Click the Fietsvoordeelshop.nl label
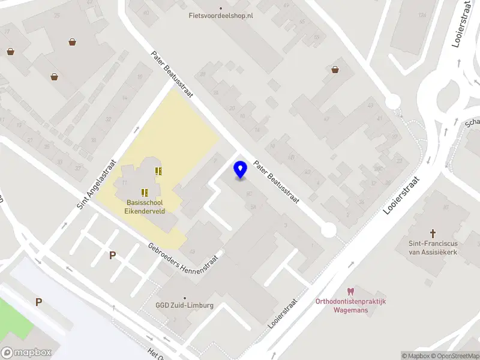point(221,15)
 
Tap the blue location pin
point(241,170)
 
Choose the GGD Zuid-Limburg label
point(185,305)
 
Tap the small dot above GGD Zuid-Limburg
point(185,298)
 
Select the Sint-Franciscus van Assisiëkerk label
point(434,248)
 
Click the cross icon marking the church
point(433,233)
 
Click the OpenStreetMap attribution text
point(454,356)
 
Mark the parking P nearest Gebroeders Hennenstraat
point(112,256)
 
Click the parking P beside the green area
point(38,302)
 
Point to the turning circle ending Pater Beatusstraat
point(328,229)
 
